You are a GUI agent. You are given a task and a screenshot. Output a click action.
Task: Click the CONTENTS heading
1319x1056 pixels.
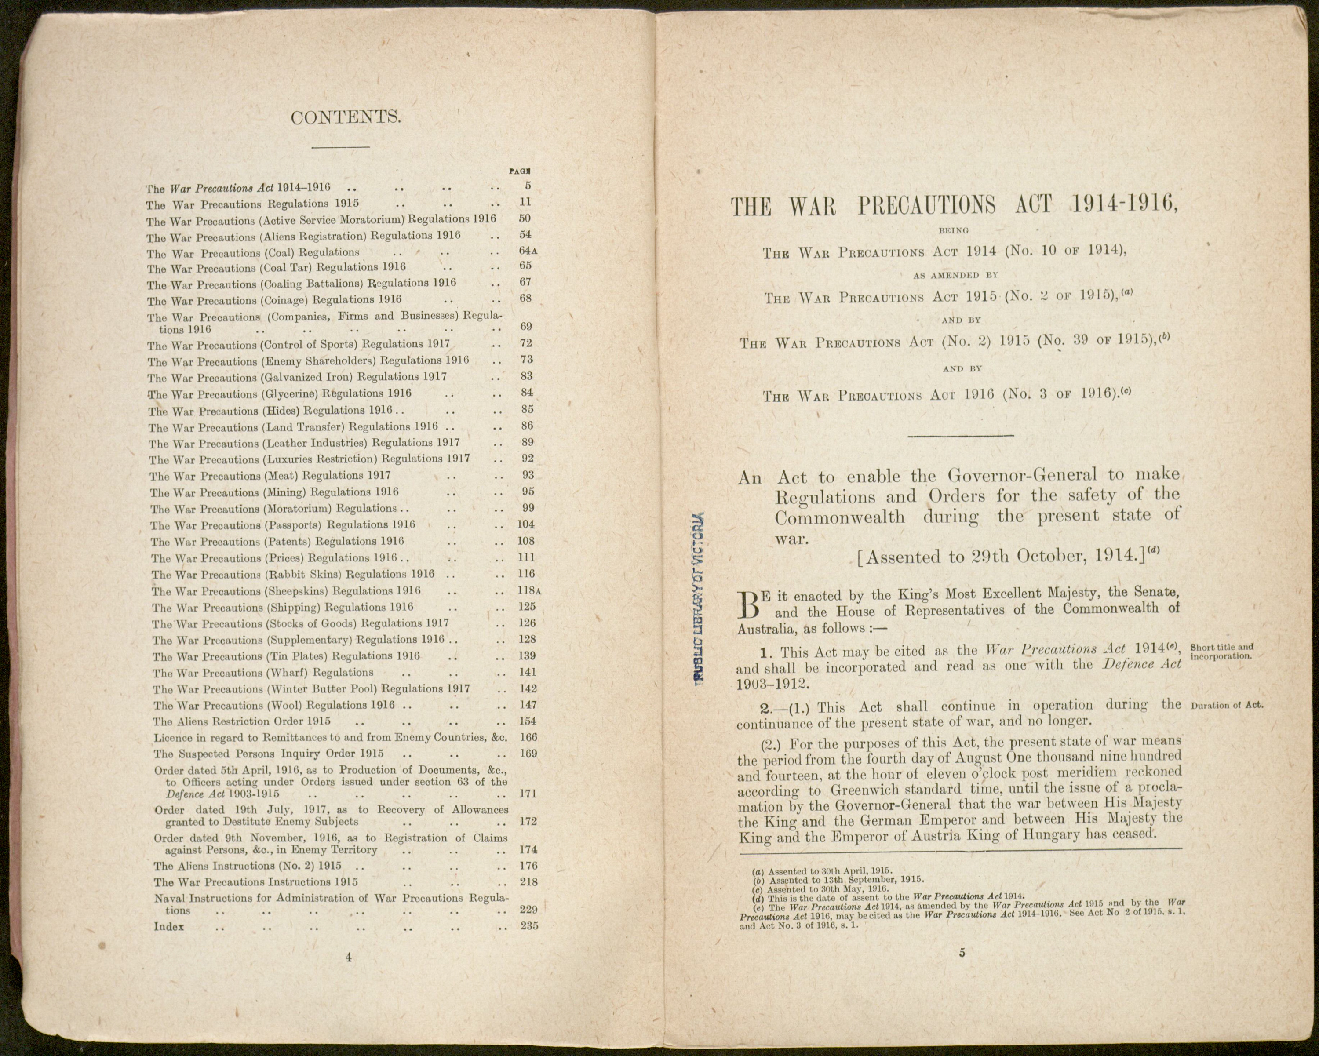point(346,117)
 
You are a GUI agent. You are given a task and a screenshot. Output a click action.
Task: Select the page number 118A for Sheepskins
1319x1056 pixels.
point(529,591)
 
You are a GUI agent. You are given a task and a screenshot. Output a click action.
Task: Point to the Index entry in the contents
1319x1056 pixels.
point(169,926)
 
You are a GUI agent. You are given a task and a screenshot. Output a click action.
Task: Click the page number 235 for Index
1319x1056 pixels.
point(528,926)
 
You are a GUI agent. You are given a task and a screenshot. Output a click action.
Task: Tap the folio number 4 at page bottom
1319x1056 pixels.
point(348,958)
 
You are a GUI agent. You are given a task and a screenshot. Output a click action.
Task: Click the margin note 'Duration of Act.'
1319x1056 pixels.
point(1227,705)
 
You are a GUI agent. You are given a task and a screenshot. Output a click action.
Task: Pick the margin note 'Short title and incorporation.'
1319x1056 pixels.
point(1222,652)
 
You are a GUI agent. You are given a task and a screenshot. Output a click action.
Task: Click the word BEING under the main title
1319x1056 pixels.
point(953,231)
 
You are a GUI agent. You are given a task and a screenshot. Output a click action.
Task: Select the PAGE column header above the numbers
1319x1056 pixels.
point(519,172)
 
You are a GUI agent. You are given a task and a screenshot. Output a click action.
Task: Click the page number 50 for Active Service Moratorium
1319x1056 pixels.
point(525,218)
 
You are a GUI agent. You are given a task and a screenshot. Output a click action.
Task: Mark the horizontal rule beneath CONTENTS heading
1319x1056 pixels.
point(340,147)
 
